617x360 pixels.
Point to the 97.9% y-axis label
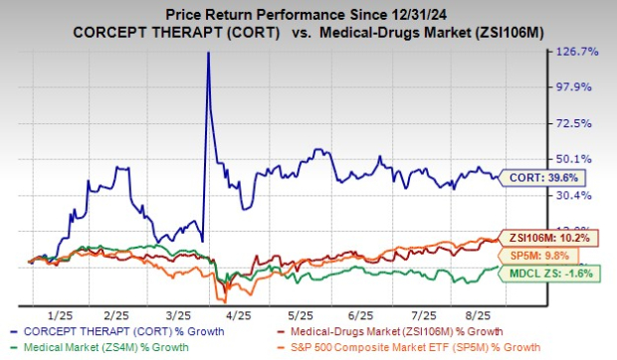[x=580, y=87]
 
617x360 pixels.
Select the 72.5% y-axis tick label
[x=580, y=122]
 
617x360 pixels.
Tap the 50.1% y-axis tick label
[x=580, y=158]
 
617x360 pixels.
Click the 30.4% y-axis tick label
[x=580, y=194]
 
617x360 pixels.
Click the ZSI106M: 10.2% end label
[x=549, y=239]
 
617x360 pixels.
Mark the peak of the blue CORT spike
[x=207, y=53]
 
